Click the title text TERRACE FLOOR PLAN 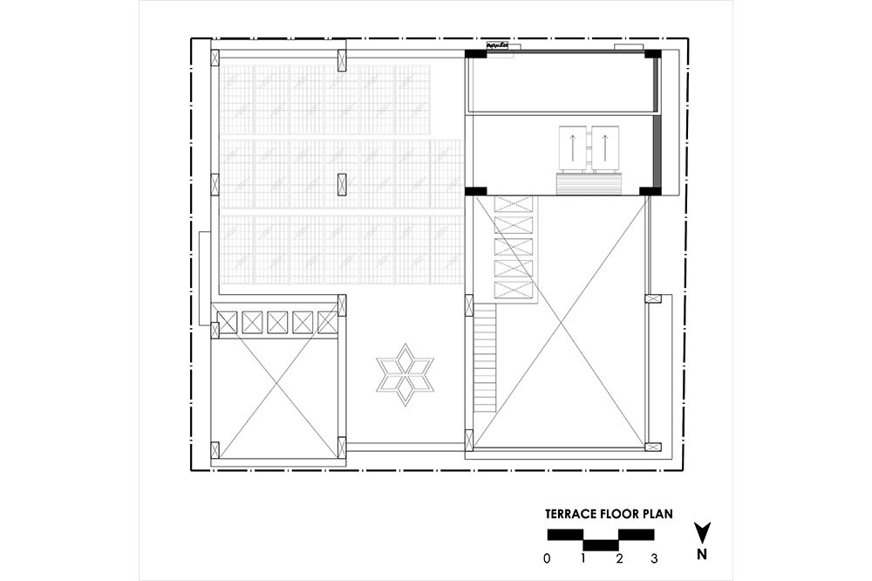coord(609,514)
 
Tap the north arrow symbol coord(702,533)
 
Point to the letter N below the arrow coord(702,554)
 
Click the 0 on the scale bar coord(548,558)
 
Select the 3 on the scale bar coord(654,558)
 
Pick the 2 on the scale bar coord(619,558)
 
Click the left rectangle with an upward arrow coord(573,148)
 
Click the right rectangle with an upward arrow coord(605,148)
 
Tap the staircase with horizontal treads coord(486,358)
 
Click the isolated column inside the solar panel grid coord(342,185)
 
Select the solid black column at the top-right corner coord(653,54)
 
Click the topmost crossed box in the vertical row coord(514,203)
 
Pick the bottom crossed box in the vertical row coord(514,290)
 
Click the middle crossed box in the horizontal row coord(277,322)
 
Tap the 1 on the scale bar coord(582,558)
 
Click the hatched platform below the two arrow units coord(589,183)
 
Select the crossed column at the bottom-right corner coord(653,447)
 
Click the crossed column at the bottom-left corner coord(215,449)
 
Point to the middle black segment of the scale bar coord(601,545)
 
